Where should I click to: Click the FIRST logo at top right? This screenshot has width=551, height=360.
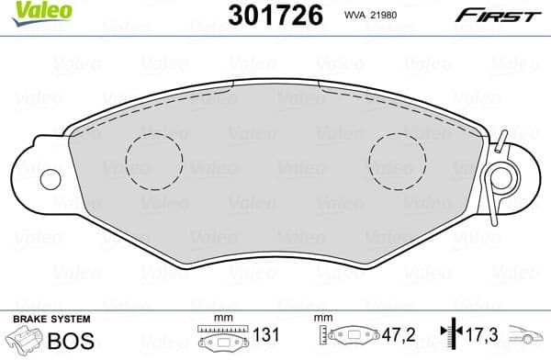(x=501, y=15)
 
